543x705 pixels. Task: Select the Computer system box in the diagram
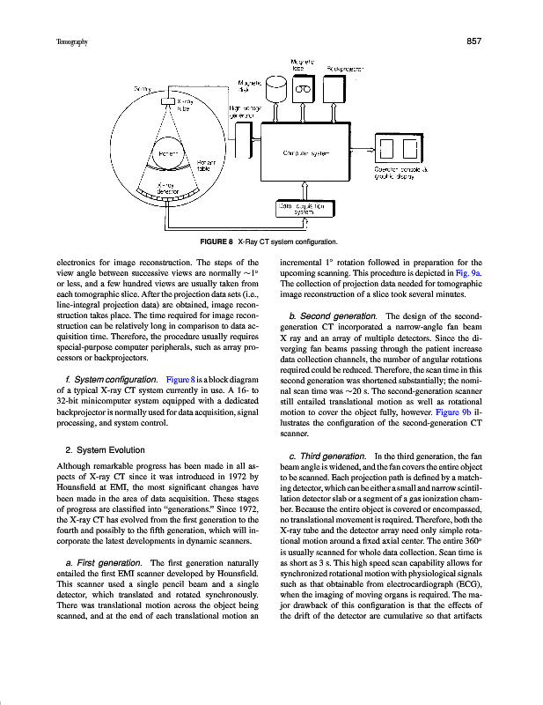305,152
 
